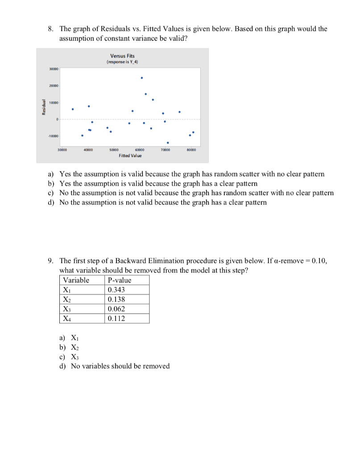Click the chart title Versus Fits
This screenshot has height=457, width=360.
coord(122,56)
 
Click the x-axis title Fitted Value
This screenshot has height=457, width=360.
coord(130,156)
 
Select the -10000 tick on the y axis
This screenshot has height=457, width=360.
coord(53,136)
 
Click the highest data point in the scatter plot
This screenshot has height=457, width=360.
coord(141,78)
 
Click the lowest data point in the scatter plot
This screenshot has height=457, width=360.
coord(168,143)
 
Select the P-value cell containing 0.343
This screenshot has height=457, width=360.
coord(116,290)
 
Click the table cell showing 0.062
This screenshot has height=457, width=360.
coord(116,309)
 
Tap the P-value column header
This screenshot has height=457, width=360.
coord(120,280)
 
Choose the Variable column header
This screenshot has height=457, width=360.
coord(76,280)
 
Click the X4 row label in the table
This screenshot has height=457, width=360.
coord(66,319)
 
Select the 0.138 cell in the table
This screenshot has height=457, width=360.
coord(116,299)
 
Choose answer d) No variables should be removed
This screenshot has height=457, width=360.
coord(120,366)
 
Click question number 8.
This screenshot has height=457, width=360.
coord(51,29)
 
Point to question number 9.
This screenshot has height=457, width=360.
coord(51,261)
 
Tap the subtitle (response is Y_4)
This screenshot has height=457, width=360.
coord(122,62)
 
